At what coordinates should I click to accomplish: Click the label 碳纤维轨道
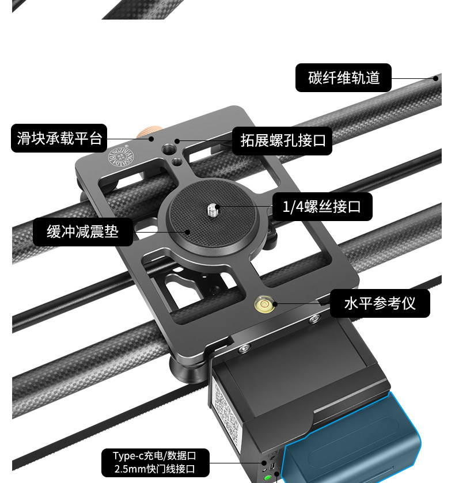pyautogui.click(x=343, y=78)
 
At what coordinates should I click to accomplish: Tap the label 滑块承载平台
pyautogui.click(x=59, y=139)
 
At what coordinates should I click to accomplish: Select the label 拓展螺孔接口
pyautogui.click(x=282, y=140)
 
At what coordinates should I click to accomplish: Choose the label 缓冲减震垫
pyautogui.click(x=82, y=232)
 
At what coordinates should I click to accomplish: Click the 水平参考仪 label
pyautogui.click(x=380, y=303)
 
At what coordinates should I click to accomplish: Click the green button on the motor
pyautogui.click(x=268, y=477)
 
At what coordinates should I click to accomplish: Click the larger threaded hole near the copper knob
pyautogui.click(x=168, y=149)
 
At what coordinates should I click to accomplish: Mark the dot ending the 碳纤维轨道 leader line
pyautogui.click(x=436, y=78)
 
